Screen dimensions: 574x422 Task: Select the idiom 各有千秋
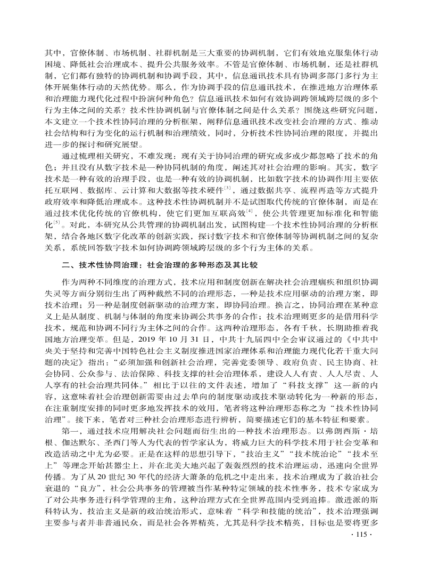308,330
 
